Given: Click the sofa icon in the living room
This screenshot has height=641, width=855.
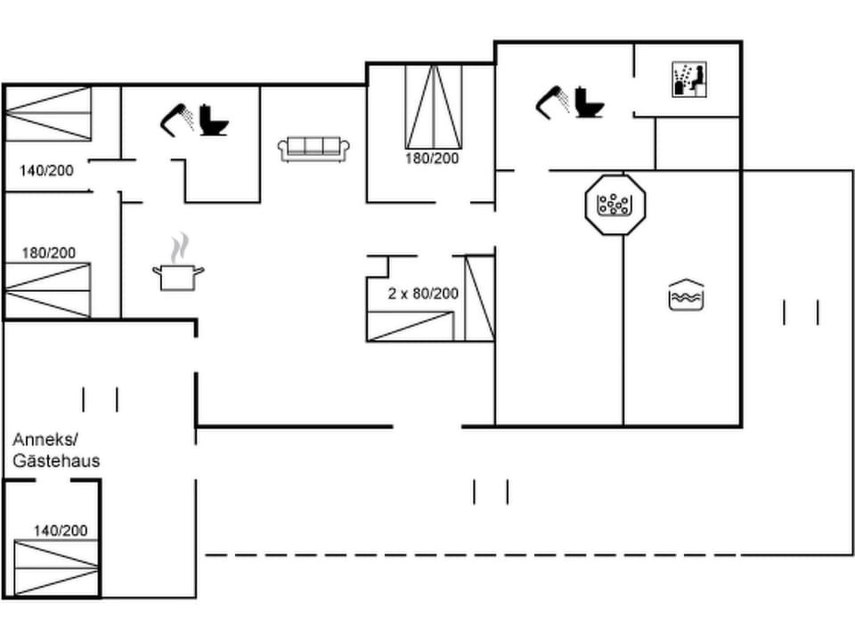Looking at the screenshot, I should point(314,149).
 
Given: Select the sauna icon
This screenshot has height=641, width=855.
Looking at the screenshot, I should point(688,79).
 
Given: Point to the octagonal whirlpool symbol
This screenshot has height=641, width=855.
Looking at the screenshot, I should point(615,204).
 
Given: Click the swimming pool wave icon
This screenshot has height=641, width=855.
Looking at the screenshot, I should point(686,296).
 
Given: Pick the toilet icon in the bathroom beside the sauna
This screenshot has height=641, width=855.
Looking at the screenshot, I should point(590,102).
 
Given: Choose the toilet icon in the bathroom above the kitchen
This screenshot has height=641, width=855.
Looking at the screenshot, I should point(214,120).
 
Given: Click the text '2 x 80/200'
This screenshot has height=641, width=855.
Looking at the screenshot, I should point(423,293).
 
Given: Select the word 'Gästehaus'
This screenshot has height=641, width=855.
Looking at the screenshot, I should point(56,461).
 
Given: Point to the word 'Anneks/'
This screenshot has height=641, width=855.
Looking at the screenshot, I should point(46,440).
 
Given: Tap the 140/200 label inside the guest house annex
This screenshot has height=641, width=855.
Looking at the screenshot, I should point(61,531).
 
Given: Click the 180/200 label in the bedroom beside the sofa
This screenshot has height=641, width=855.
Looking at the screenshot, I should point(431,158).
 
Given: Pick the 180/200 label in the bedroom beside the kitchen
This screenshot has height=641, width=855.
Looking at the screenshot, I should point(48,253).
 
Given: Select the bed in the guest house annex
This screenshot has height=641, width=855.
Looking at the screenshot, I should point(55,568).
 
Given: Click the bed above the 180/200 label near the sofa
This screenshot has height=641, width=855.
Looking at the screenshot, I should point(434,106).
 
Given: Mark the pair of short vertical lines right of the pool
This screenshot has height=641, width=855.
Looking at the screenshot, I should point(801,312).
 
